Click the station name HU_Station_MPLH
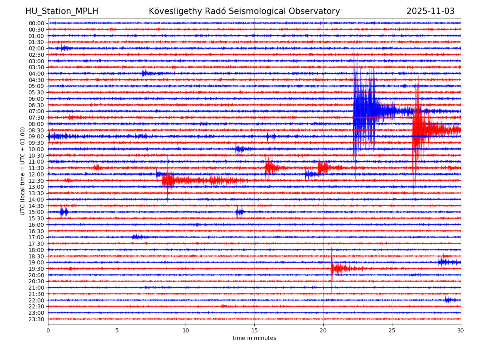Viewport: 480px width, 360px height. [x=62, y=11]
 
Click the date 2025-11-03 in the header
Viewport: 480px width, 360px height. [x=430, y=11]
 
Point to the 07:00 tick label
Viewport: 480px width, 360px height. [x=36, y=111]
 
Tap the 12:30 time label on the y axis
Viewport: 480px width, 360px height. [x=36, y=181]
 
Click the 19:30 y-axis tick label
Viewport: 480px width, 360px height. [x=36, y=269]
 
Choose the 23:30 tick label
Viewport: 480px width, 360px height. [x=36, y=319]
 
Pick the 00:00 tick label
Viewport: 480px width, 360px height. [x=36, y=23]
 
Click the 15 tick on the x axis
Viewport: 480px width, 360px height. [x=254, y=331]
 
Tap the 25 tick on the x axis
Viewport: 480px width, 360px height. [x=392, y=331]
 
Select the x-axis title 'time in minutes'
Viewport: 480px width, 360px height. [x=254, y=338]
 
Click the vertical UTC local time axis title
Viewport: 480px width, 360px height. [x=23, y=171]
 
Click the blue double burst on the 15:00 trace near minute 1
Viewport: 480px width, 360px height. [x=64, y=212]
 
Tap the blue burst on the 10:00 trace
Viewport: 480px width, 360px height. [x=240, y=149]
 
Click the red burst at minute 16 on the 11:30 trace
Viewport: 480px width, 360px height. [x=270, y=168]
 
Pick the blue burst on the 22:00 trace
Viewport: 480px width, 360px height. [x=448, y=300]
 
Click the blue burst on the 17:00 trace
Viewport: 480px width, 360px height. [x=136, y=237]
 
